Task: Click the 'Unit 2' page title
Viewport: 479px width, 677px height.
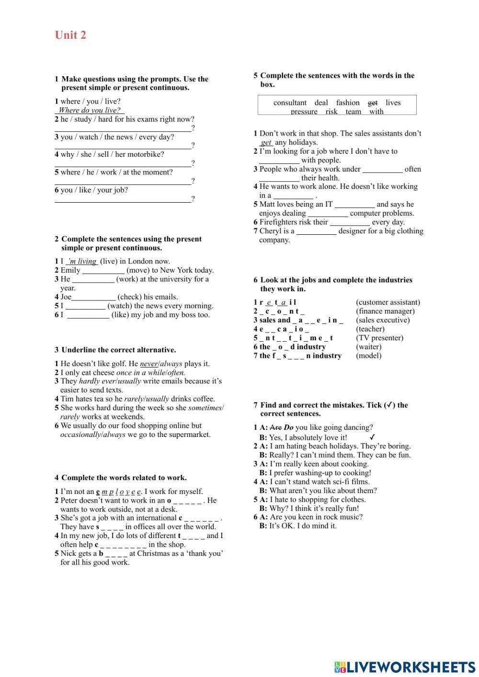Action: pyautogui.click(x=70, y=35)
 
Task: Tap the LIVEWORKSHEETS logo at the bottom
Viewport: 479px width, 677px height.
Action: pyautogui.click(x=405, y=667)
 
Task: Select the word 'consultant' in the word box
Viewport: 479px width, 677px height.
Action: pyautogui.click(x=290, y=103)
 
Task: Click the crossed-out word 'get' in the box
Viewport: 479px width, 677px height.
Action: pyautogui.click(x=372, y=103)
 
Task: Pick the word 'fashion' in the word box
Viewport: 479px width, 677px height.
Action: pyautogui.click(x=348, y=103)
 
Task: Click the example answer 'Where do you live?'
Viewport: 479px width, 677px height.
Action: pyautogui.click(x=90, y=110)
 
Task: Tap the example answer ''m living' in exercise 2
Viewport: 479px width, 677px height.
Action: pyautogui.click(x=82, y=261)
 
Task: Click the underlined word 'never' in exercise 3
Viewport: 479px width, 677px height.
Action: pyautogui.click(x=148, y=364)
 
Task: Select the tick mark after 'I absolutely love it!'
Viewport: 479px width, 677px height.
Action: pyautogui.click(x=372, y=437)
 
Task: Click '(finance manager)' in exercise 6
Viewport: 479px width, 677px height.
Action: pyautogui.click(x=385, y=311)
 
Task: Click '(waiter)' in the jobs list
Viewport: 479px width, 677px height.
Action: pyautogui.click(x=368, y=347)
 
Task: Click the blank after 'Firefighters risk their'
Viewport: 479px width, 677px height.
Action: pyautogui.click(x=350, y=223)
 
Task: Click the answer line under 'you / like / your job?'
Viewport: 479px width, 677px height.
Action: pyautogui.click(x=123, y=200)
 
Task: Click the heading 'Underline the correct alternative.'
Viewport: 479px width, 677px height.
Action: pyautogui.click(x=118, y=350)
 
